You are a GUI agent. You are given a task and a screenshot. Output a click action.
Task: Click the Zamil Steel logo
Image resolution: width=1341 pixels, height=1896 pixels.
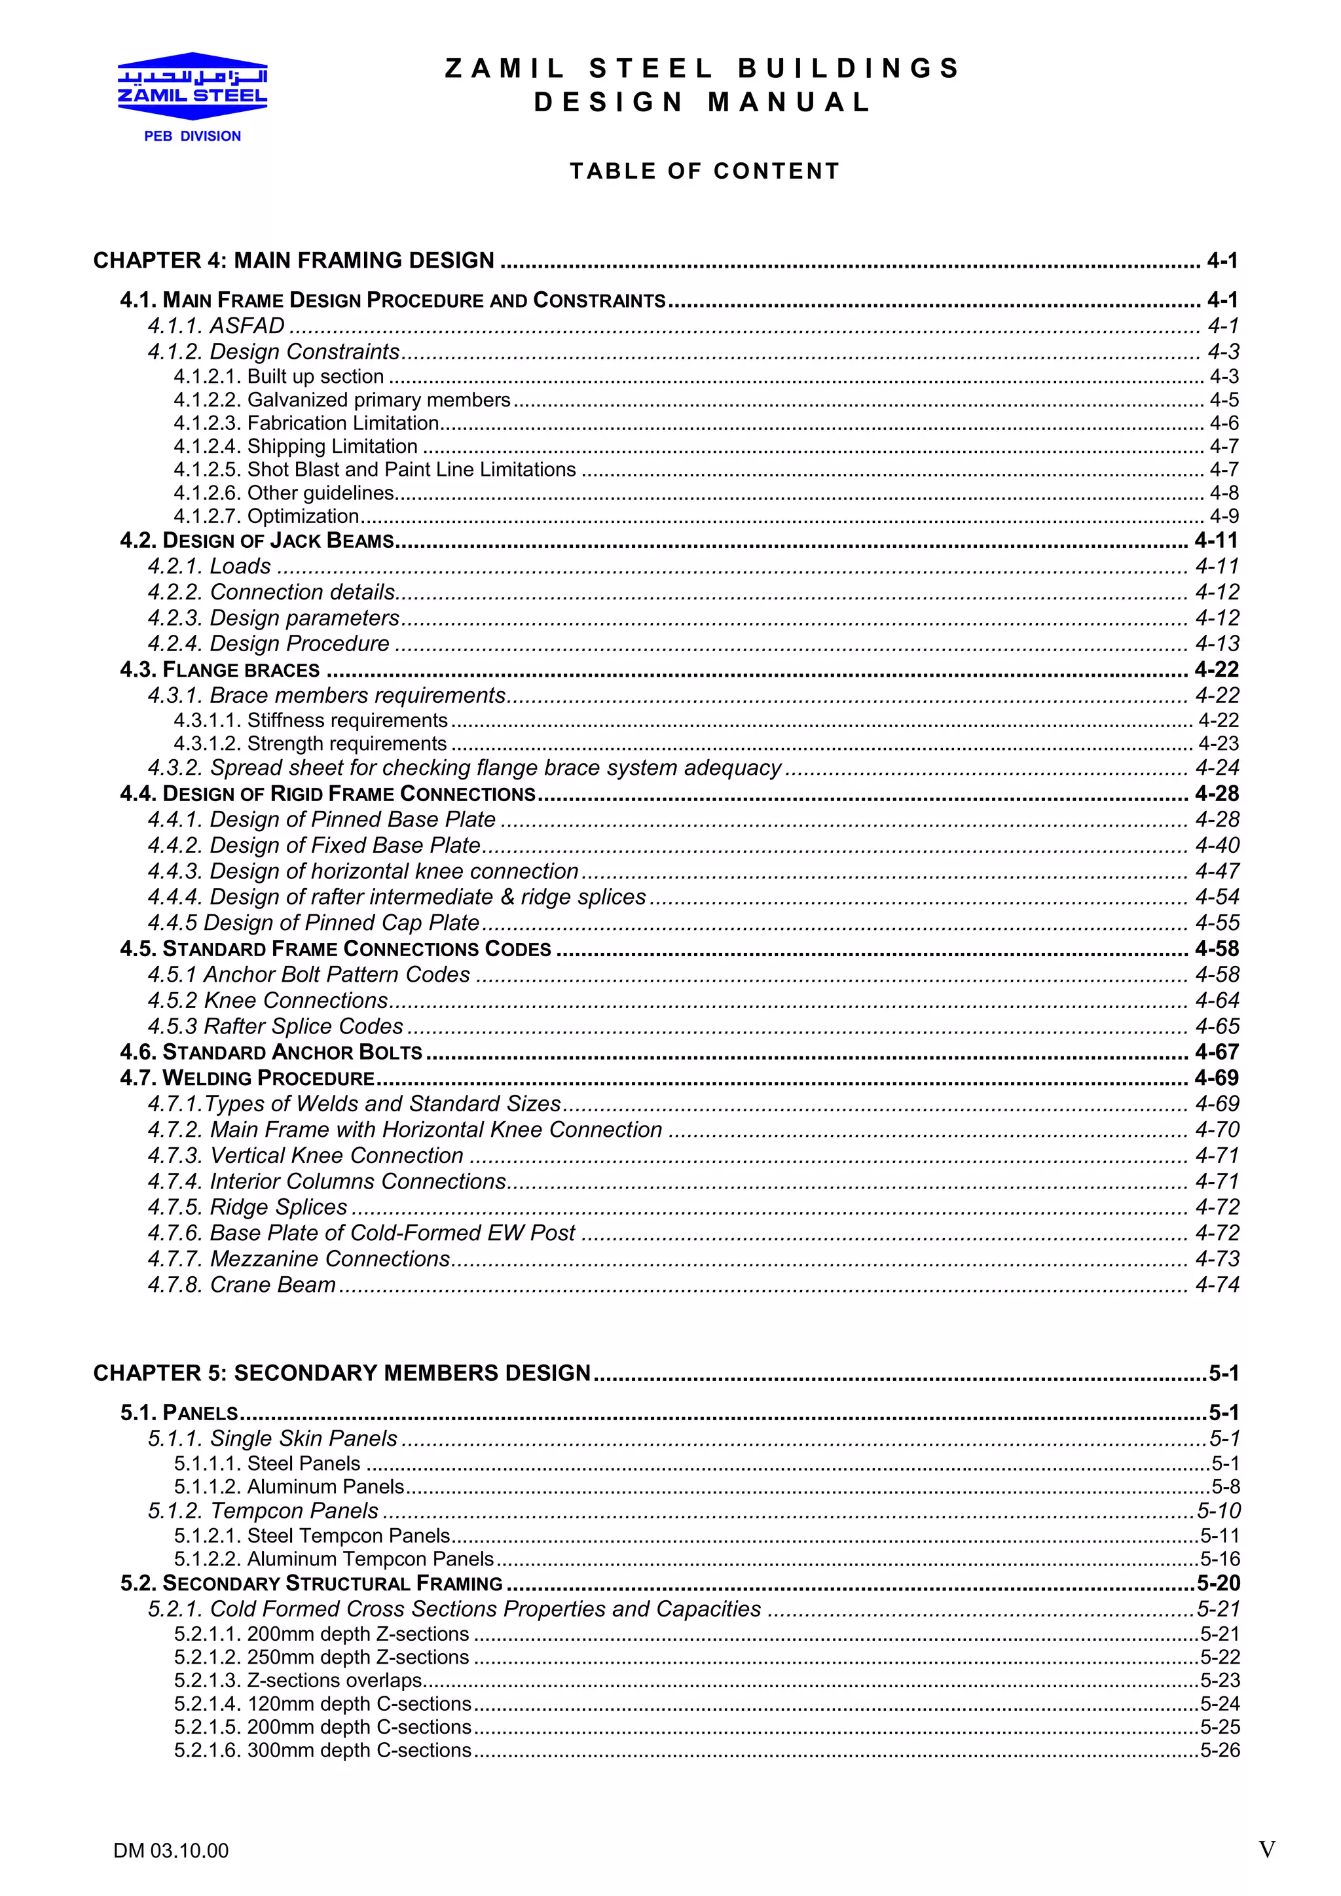click(193, 85)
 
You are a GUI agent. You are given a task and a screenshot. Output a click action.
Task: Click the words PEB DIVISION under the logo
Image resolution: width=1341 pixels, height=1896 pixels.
click(193, 136)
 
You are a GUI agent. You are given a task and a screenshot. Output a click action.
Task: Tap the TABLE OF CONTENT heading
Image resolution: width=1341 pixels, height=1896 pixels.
click(705, 171)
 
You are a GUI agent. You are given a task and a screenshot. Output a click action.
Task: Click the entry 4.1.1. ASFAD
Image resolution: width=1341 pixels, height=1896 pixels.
click(217, 325)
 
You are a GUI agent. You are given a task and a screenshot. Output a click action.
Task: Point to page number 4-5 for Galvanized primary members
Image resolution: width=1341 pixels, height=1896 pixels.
click(1224, 400)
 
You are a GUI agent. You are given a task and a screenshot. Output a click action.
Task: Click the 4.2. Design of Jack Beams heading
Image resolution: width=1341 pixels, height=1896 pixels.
click(257, 541)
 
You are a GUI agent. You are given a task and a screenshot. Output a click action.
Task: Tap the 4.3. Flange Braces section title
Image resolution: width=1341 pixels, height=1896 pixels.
click(220, 670)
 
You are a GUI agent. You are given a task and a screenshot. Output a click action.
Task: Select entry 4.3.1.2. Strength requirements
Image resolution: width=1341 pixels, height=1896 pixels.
click(310, 743)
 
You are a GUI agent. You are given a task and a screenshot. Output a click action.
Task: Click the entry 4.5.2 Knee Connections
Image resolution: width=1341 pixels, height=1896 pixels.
click(268, 1000)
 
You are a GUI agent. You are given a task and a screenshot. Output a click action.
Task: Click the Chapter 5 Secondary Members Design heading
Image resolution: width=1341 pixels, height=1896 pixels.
click(342, 1372)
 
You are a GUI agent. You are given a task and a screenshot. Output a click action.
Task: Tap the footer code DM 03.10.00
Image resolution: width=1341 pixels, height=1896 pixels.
click(171, 1851)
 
